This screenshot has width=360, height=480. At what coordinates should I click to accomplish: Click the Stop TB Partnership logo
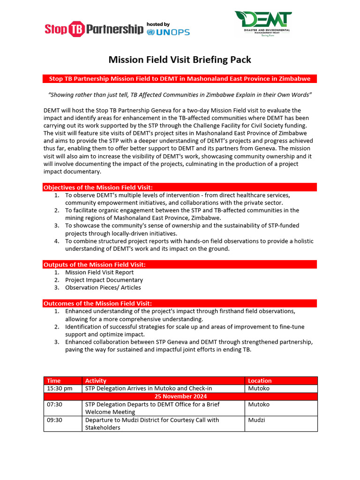coord(94,29)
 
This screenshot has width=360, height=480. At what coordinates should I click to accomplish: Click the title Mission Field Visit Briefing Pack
coord(180,60)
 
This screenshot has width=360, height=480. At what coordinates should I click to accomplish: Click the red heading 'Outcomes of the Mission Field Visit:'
coord(97,303)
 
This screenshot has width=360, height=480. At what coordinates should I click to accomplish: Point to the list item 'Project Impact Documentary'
coord(104,280)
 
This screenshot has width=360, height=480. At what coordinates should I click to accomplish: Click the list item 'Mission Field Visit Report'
coord(99,272)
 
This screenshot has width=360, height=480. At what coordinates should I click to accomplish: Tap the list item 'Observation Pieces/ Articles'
coord(103,287)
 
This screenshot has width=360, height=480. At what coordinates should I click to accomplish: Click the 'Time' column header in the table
coord(54,381)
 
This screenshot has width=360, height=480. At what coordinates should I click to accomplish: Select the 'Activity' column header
coord(96,381)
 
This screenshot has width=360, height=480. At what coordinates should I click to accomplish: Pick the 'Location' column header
coord(260,381)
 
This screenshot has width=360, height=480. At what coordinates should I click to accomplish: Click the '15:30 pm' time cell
coord(60,389)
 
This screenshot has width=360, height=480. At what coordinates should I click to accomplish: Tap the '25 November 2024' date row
coord(180,396)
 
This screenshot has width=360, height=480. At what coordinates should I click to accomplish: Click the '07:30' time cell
coord(54,404)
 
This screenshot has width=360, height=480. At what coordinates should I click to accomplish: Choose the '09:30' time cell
coord(54,420)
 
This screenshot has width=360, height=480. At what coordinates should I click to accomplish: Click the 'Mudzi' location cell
coord(256,420)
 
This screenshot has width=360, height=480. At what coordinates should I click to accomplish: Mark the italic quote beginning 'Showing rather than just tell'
coord(180,95)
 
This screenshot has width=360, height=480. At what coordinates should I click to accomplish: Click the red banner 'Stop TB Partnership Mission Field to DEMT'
coord(180,79)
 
